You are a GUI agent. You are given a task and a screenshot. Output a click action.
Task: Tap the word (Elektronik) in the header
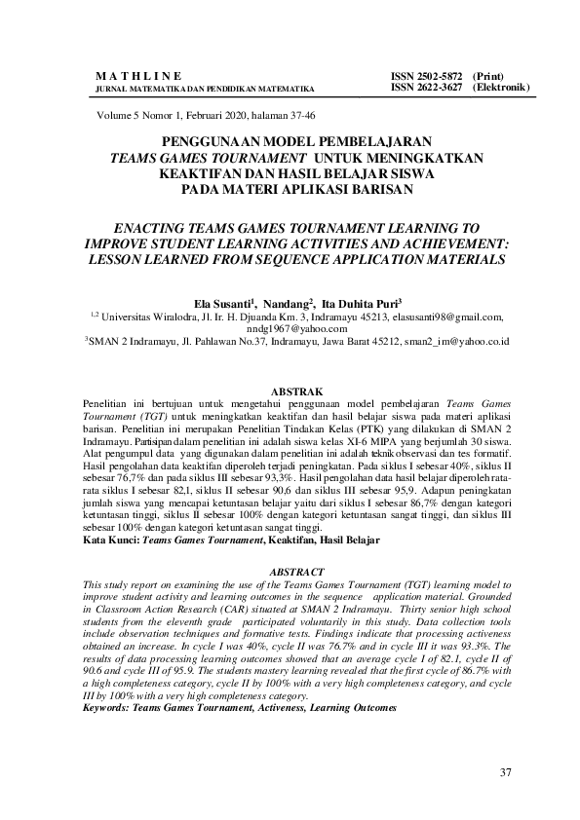click(x=501, y=87)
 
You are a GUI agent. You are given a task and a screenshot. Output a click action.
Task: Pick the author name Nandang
click(x=287, y=303)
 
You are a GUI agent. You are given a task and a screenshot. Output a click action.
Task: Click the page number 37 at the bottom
click(x=505, y=773)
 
